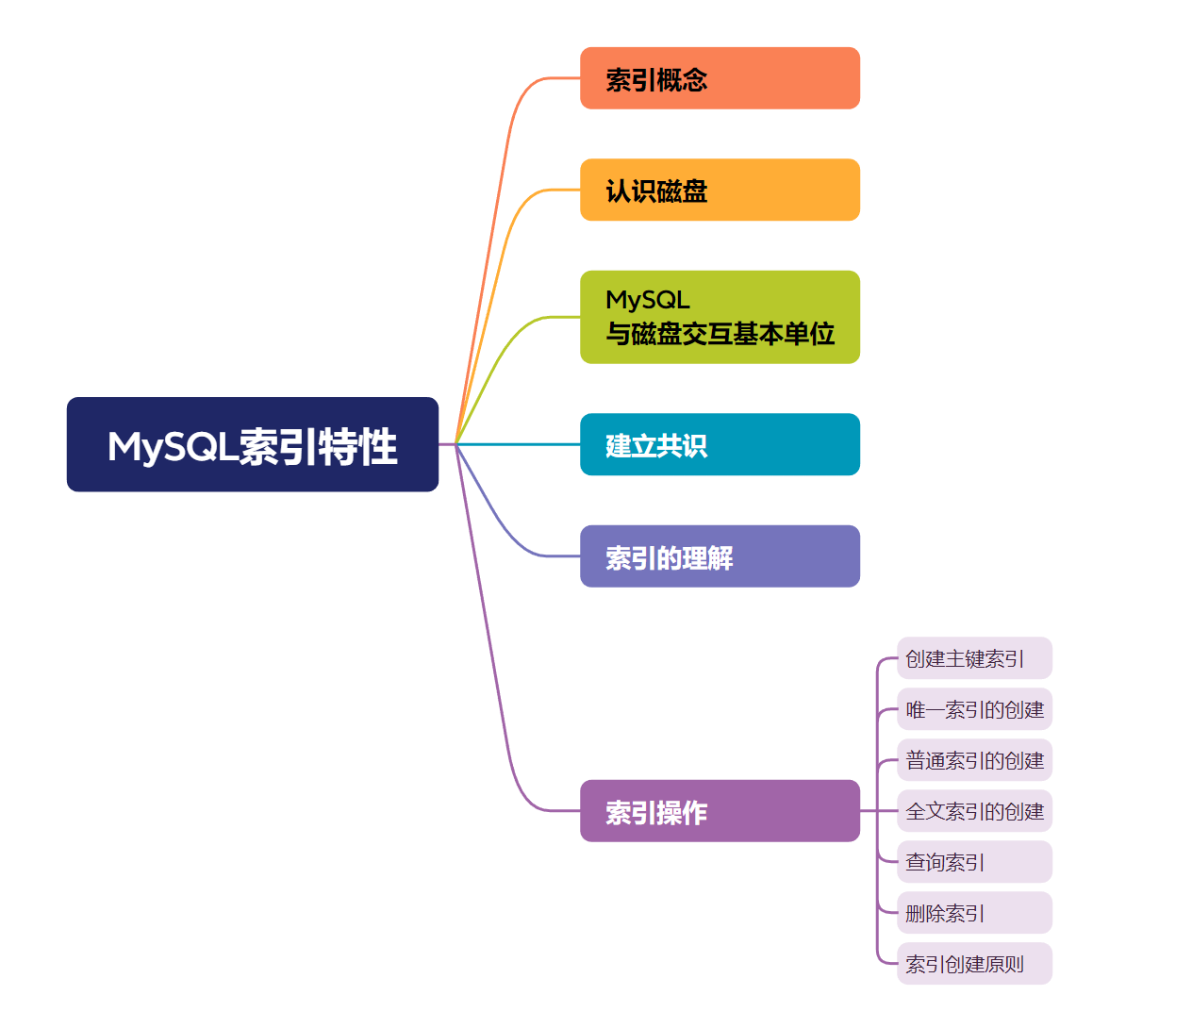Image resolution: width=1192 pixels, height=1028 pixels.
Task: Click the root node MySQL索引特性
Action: tap(253, 444)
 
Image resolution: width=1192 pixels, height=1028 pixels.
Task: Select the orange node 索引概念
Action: tap(720, 78)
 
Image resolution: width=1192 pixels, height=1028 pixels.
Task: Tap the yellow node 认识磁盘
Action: tap(720, 190)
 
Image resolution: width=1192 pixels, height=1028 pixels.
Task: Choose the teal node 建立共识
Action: tap(720, 444)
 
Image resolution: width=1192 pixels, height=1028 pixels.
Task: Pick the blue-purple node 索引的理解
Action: tap(720, 556)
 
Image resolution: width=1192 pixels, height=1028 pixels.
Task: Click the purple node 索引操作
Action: tap(720, 811)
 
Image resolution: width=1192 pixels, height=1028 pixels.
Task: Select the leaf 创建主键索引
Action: tap(973, 658)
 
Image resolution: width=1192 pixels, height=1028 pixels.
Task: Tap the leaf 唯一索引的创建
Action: tap(973, 709)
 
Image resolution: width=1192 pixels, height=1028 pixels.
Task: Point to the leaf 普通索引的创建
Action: tap(973, 760)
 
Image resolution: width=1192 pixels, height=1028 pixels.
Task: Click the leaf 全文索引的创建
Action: tap(973, 811)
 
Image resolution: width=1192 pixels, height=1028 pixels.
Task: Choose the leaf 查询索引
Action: tap(973, 862)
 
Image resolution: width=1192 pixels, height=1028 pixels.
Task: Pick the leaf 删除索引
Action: tap(973, 913)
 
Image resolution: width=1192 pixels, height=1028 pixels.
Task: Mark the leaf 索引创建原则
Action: tap(973, 964)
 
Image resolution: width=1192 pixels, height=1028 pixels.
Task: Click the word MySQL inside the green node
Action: tap(648, 300)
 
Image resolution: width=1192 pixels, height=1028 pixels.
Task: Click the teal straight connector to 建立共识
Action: tap(519, 444)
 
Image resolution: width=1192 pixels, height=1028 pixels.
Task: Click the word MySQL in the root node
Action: tap(172, 446)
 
